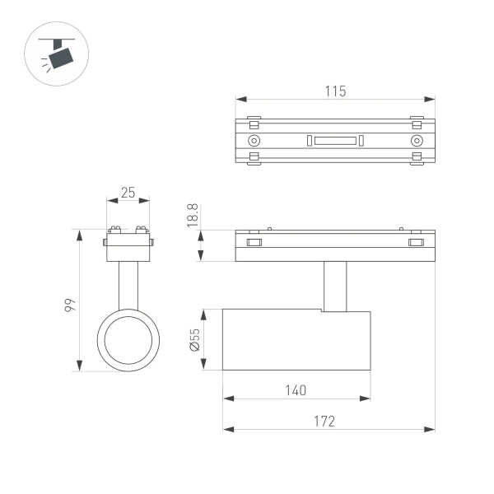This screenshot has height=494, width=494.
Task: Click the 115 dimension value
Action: click(x=334, y=91)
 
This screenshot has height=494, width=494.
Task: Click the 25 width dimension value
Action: click(x=128, y=192)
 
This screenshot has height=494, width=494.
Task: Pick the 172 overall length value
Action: click(x=326, y=421)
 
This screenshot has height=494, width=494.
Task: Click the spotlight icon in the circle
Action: click(x=56, y=55)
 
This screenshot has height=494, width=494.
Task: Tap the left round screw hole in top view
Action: click(x=254, y=141)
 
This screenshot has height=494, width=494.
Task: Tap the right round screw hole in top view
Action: click(x=416, y=141)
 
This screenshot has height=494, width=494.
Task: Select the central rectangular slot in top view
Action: click(x=334, y=141)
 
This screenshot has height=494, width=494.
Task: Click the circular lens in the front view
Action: click(x=127, y=340)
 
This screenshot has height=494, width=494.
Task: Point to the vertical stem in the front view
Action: click(x=127, y=284)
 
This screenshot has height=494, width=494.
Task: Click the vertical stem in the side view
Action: click(x=334, y=286)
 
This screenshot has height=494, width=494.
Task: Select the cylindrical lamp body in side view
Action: click(x=296, y=340)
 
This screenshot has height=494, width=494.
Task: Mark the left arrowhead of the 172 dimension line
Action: click(x=228, y=429)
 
